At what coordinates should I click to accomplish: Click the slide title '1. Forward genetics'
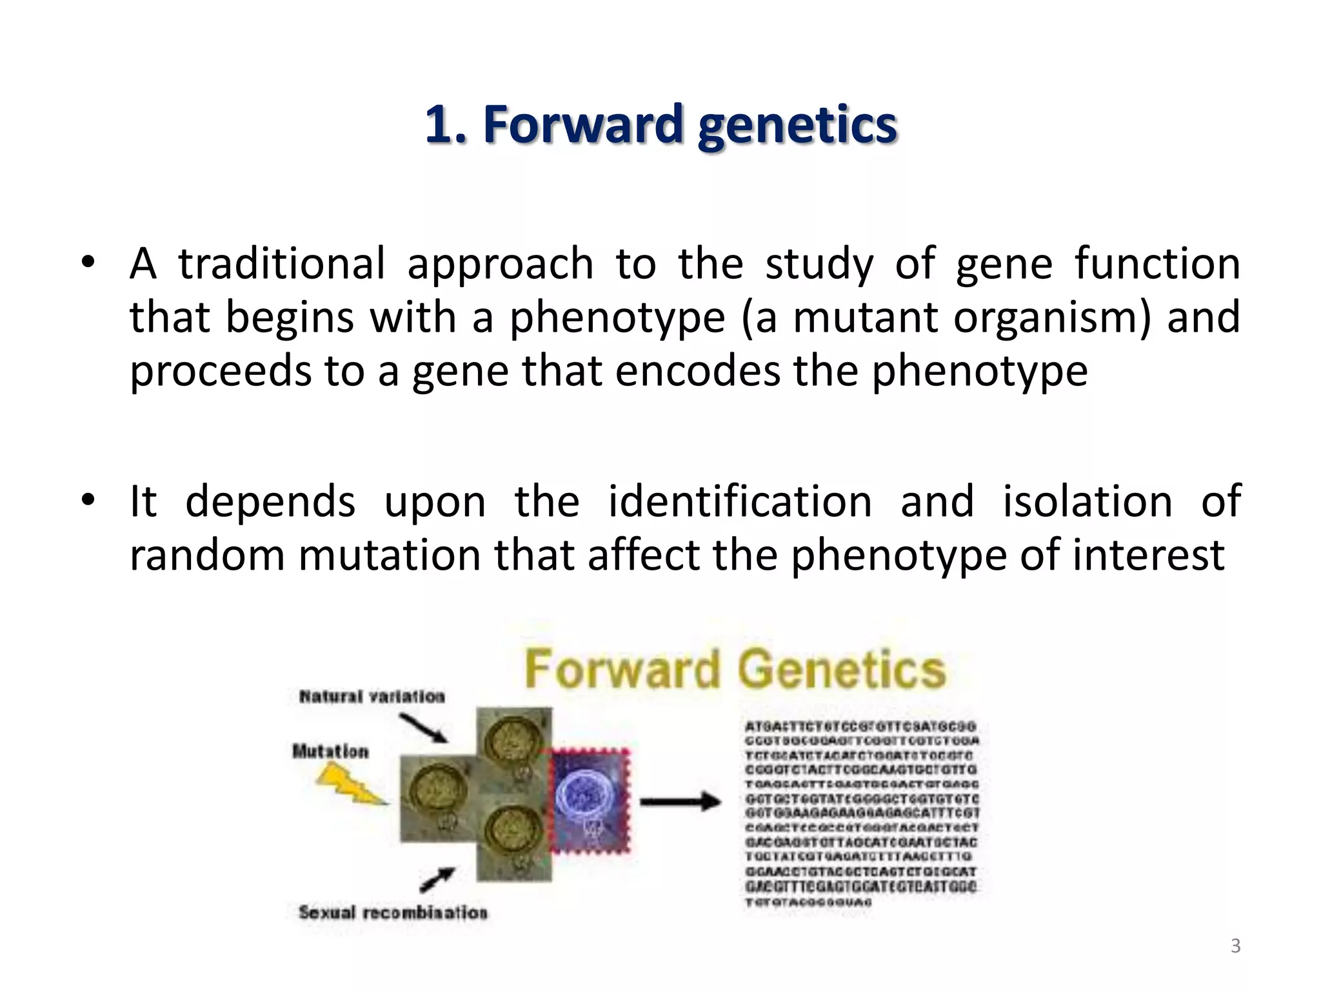pos(660,125)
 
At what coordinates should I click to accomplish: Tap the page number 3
pos(1235,946)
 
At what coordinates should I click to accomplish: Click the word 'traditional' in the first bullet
pos(281,264)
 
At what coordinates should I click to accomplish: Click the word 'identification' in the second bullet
pos(740,501)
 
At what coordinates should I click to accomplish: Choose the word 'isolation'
pos(1087,501)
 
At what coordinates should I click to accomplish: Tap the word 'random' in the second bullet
pos(206,555)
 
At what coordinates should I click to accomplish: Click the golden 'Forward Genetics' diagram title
pos(735,669)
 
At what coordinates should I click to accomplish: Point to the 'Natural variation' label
pos(372,697)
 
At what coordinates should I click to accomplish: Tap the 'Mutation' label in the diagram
pos(330,752)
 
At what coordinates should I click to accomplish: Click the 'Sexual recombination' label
pos(393,912)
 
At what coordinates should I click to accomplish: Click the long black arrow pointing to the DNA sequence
pos(680,802)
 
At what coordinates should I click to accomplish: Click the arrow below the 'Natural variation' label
pos(423,728)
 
